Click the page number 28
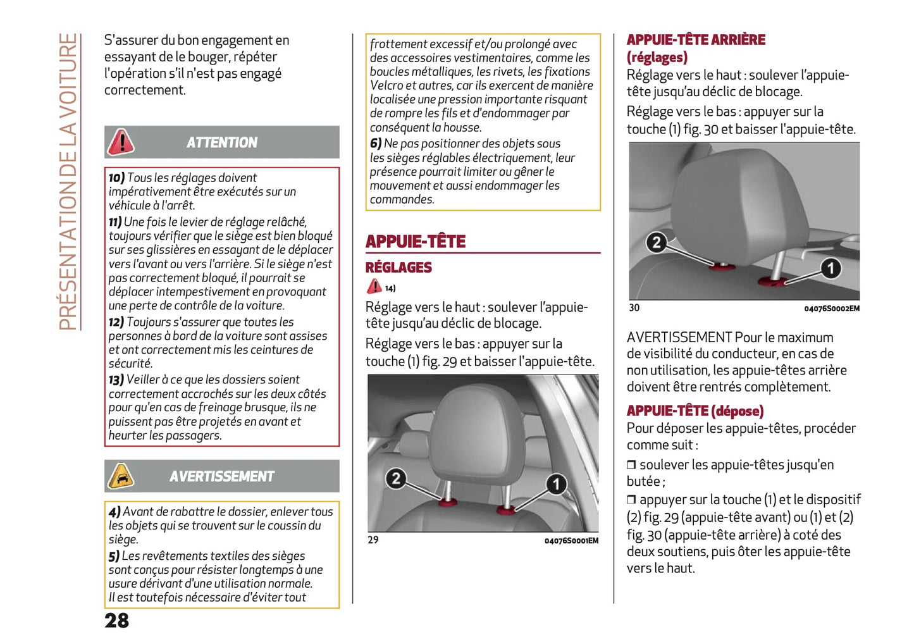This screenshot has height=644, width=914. point(116,621)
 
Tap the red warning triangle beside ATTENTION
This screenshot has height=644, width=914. point(120,142)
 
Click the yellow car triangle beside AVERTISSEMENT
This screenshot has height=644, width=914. point(120,476)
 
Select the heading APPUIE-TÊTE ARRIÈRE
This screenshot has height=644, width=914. point(696,40)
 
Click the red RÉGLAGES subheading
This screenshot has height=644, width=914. point(398,268)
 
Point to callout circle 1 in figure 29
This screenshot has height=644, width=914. point(556,485)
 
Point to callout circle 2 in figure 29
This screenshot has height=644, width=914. point(396,478)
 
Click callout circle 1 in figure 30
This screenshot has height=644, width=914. point(831,268)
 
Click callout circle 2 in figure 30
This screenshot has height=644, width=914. point(657,242)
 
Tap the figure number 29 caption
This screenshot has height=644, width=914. point(373,540)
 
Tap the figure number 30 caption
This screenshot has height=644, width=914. point(634,308)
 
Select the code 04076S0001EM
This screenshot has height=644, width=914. point(571,541)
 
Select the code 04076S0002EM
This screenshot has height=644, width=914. point(832,309)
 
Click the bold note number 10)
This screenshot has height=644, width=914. point(116,178)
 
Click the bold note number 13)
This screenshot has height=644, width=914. point(116,380)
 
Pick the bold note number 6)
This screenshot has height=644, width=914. point(376,144)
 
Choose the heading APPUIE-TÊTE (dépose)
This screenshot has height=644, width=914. point(695,411)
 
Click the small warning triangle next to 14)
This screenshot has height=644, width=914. point(374,287)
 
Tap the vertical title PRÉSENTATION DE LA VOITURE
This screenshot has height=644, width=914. point(68,182)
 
